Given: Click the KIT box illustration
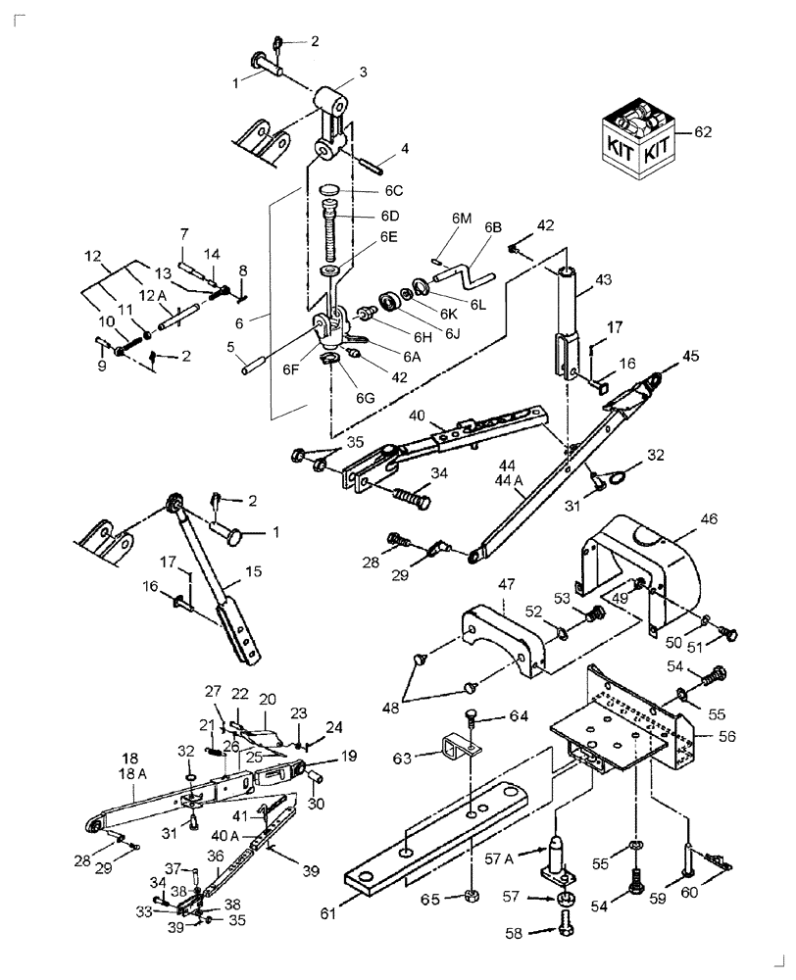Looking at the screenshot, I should click(x=635, y=141).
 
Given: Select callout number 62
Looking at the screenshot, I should click(x=703, y=131).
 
